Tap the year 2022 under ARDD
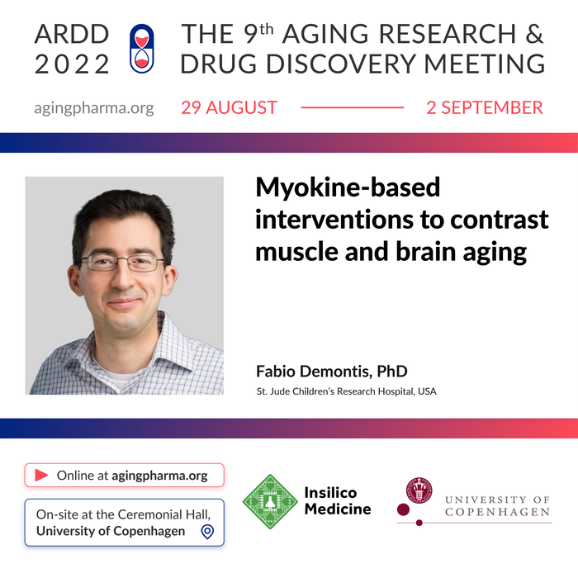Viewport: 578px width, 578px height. pos(72,64)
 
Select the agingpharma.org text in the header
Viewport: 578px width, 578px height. pos(94,108)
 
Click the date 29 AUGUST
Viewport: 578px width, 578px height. pos(230,108)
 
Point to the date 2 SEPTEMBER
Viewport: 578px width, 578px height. pos(485,108)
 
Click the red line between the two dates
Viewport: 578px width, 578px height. pos(352,108)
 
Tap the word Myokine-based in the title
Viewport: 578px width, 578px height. pos(348,188)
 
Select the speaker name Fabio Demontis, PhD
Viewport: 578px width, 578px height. pos(332,372)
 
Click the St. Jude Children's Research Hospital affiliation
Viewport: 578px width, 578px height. pos(346,391)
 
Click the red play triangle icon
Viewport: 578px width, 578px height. pos(40,476)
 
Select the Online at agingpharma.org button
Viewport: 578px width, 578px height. pos(124,476)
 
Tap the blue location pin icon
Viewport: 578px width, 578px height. pos(207,532)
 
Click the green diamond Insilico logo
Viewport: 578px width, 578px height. pos(269,501)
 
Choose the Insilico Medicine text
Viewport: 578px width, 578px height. pos(338,501)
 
